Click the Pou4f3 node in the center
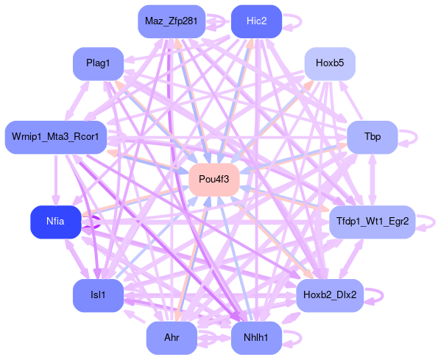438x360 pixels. coord(214,180)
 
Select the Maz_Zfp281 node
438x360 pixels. coord(172,21)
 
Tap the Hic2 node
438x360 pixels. coord(256,21)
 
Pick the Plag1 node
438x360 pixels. coord(98,63)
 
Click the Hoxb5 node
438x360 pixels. coord(330,63)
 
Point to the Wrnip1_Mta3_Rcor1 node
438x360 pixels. coord(56,137)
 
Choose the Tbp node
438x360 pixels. coord(372,137)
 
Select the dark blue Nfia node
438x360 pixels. coord(56,222)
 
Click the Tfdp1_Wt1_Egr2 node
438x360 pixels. coord(372,222)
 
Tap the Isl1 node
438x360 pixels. coord(98,295)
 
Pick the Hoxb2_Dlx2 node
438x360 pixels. coord(330,295)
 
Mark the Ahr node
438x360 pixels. coord(172,338)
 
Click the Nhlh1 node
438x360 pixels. coord(256,338)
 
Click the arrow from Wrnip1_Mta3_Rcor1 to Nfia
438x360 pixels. coord(56,180)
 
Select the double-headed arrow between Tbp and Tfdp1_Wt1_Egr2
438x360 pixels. coord(372,180)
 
